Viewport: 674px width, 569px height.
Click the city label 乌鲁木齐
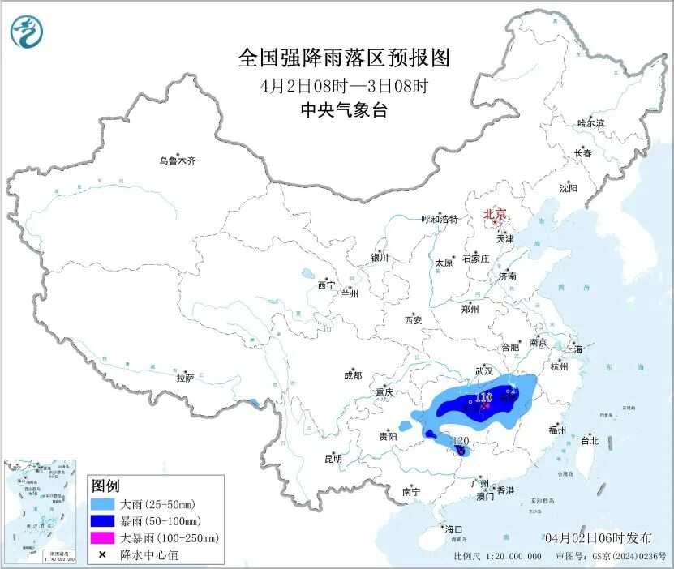(x=177, y=160)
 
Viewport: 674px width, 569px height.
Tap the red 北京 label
(x=495, y=214)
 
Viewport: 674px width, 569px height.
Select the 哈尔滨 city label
(x=590, y=123)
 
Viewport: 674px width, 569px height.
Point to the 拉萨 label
(x=185, y=377)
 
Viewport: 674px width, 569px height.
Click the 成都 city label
(x=352, y=375)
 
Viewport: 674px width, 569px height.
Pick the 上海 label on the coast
(x=574, y=349)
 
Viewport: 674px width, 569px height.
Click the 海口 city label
(x=453, y=528)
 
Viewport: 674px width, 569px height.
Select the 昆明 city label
(x=333, y=459)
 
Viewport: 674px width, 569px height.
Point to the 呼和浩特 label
(x=440, y=219)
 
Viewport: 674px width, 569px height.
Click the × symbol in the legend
(x=102, y=554)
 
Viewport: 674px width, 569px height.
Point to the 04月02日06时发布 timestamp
(x=599, y=537)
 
